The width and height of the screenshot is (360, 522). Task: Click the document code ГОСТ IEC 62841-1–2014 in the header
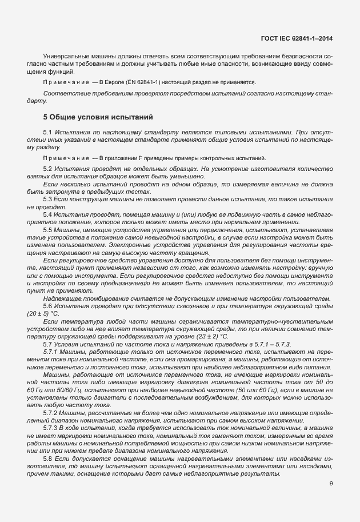click(296, 38)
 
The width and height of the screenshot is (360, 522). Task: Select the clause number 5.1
click(48, 133)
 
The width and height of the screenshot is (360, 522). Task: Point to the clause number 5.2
click(48, 170)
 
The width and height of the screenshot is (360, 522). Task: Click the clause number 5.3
click(48, 198)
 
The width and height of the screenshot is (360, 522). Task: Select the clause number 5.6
click(48, 306)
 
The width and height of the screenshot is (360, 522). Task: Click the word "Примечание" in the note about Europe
click(64, 82)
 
